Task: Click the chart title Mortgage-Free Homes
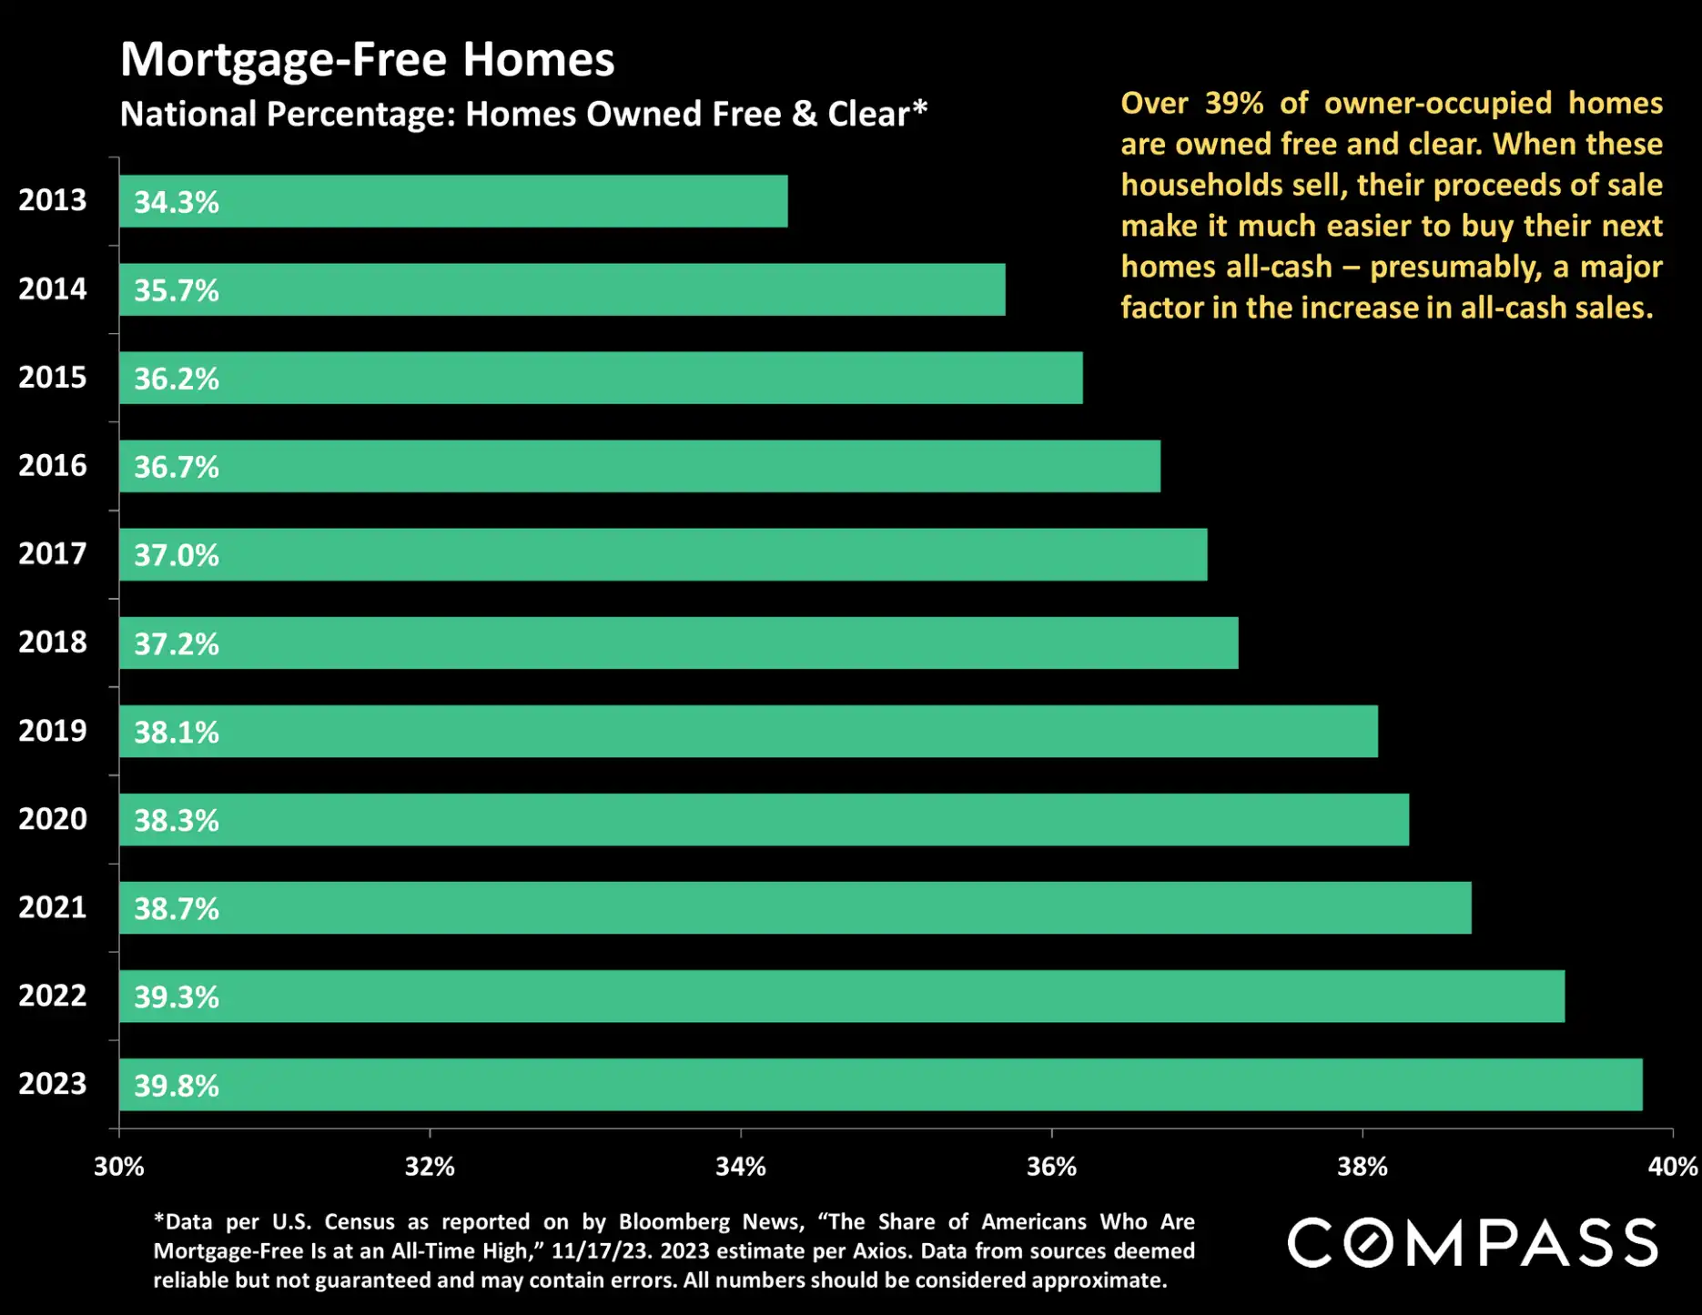click(x=367, y=59)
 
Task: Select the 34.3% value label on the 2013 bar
click(x=177, y=202)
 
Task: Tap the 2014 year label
click(x=53, y=289)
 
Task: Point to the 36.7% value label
click(x=177, y=467)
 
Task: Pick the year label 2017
click(x=53, y=553)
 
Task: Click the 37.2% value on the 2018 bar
click(x=177, y=644)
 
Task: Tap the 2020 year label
click(x=53, y=819)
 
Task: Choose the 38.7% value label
click(x=177, y=908)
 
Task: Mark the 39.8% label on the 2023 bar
click(x=177, y=1086)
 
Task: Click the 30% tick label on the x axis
click(x=119, y=1167)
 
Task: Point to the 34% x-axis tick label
click(x=741, y=1167)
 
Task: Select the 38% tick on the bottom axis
click(x=1363, y=1167)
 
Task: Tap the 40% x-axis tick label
click(x=1673, y=1167)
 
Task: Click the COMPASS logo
click(x=1472, y=1243)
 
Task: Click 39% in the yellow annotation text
click(x=1233, y=104)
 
